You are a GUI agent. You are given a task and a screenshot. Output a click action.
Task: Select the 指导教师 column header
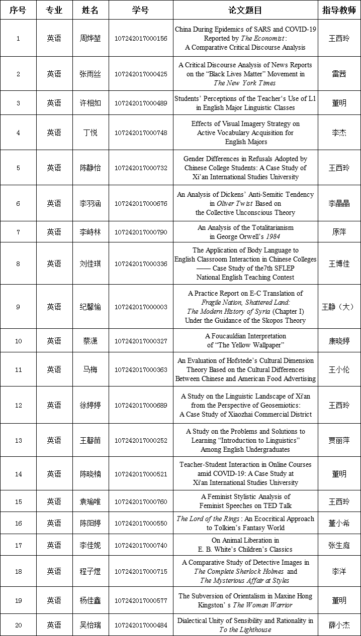pyautogui.click(x=339, y=10)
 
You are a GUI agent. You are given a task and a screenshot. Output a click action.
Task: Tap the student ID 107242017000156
pyautogui.click(x=141, y=39)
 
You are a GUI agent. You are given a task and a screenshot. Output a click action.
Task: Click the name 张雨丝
pyautogui.click(x=91, y=74)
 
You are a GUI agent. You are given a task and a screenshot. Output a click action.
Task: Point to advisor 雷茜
pyautogui.click(x=339, y=74)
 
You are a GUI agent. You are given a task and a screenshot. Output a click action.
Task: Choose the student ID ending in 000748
pyautogui.click(x=141, y=133)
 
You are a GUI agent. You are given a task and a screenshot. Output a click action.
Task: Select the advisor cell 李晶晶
pyautogui.click(x=339, y=203)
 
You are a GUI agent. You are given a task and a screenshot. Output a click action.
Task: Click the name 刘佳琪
pyautogui.click(x=91, y=264)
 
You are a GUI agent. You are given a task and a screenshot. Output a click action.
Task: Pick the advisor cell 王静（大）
pyautogui.click(x=339, y=307)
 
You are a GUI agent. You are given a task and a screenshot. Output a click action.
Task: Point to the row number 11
pyautogui.click(x=19, y=369)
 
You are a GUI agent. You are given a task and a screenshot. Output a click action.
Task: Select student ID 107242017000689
pyautogui.click(x=141, y=405)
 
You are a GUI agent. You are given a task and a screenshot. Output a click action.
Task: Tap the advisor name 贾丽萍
pyautogui.click(x=339, y=440)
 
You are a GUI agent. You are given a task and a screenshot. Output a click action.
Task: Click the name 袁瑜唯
pyautogui.click(x=91, y=501)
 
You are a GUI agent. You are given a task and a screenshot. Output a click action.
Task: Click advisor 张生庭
pyautogui.click(x=339, y=545)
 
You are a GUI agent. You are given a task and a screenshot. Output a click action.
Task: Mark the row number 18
pyautogui.click(x=19, y=571)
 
